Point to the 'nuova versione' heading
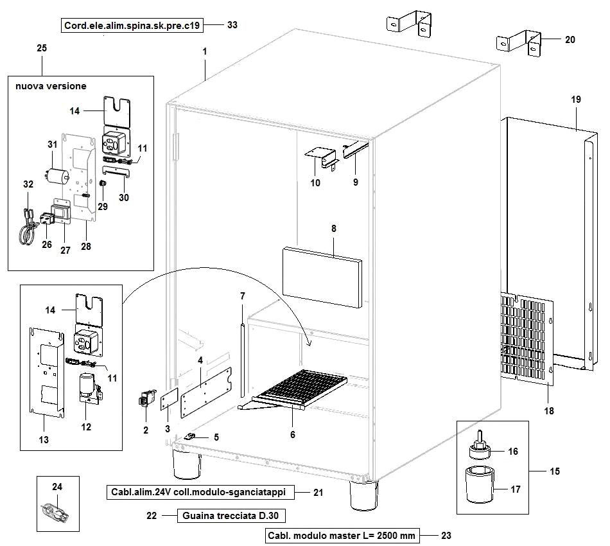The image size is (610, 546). click(x=48, y=85)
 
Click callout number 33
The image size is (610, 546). click(x=232, y=26)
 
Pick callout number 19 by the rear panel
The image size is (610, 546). click(x=575, y=100)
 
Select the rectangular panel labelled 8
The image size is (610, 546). click(x=321, y=276)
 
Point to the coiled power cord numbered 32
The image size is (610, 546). click(x=27, y=225)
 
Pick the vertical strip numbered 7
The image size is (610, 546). click(x=241, y=360)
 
